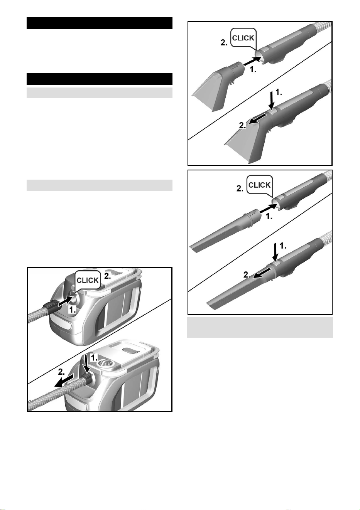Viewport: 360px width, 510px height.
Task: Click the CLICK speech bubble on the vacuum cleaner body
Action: coord(88,280)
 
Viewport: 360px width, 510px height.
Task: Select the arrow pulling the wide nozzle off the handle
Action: coord(257,119)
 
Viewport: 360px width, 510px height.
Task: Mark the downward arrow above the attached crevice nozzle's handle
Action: coord(275,252)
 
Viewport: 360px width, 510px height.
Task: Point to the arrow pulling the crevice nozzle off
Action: coord(262,273)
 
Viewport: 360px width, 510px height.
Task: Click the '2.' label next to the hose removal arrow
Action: coord(61,372)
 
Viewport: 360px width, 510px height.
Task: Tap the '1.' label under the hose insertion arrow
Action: coord(73,310)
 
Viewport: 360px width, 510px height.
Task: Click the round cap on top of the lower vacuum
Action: coord(106,362)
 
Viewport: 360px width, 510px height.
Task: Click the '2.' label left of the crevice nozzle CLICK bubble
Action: coord(240,189)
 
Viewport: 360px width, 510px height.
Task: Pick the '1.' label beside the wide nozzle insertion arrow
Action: coord(253,70)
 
